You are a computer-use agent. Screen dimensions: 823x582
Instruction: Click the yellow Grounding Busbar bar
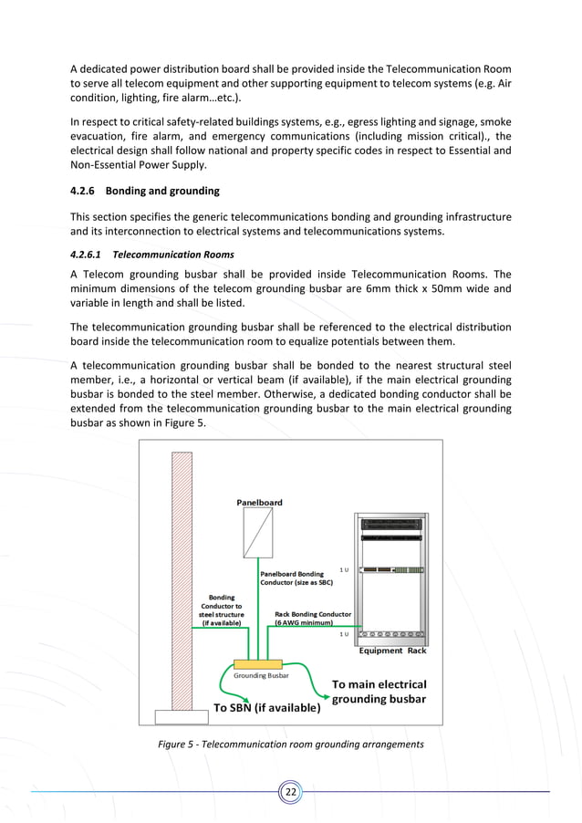click(x=258, y=664)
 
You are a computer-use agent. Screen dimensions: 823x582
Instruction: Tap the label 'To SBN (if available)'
click(x=266, y=707)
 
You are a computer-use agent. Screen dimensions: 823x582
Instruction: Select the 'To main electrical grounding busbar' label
click(x=378, y=692)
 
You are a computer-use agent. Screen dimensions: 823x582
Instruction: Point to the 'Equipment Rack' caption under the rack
click(x=392, y=651)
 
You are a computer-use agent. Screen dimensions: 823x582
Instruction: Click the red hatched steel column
click(x=173, y=575)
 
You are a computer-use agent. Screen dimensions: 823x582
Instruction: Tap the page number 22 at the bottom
click(x=290, y=791)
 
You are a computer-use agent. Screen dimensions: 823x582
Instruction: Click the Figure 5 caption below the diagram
click(x=290, y=745)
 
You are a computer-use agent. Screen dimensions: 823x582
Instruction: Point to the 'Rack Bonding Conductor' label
click(x=312, y=618)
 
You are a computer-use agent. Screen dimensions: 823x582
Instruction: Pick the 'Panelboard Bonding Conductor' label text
click(x=291, y=578)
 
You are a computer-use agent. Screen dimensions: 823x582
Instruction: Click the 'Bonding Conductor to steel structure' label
click(x=220, y=610)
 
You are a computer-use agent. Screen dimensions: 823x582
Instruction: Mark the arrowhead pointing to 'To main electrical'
click(x=322, y=700)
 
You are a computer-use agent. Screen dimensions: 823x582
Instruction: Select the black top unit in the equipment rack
click(x=392, y=524)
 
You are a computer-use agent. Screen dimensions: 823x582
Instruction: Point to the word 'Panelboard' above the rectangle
click(x=259, y=502)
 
